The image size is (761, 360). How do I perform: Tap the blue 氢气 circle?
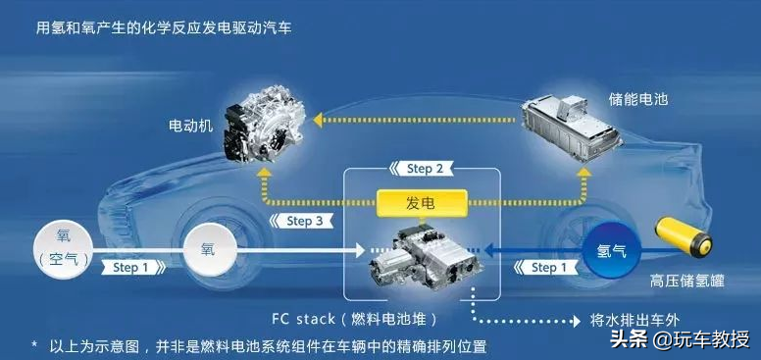610,252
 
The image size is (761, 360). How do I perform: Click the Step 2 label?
419,169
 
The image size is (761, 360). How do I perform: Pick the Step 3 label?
297,221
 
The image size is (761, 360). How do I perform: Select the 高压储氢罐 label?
686,281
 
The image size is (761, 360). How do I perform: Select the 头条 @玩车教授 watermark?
679,339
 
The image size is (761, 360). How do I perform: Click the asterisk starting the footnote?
34,346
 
